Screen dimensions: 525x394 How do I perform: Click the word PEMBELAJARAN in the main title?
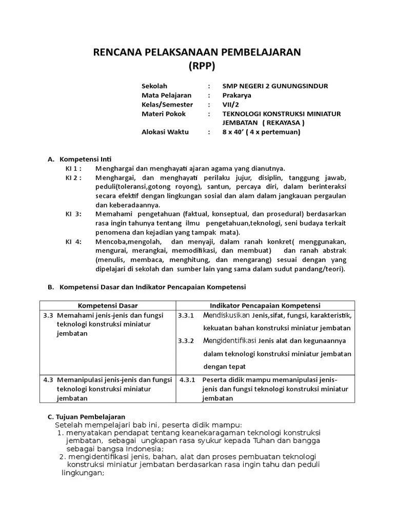pos(258,52)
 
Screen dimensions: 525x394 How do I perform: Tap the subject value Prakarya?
pos(237,95)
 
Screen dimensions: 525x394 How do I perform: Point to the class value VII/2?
pos(230,105)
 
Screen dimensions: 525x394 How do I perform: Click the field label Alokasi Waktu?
pos(165,132)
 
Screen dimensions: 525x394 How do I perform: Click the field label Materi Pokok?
pos(164,114)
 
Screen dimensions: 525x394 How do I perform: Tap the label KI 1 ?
pos(74,168)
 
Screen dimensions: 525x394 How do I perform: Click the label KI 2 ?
pos(74,177)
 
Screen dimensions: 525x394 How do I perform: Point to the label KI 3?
pos(73,214)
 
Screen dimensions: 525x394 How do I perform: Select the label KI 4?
pos(73,241)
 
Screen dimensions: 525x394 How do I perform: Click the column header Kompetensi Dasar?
pos(107,306)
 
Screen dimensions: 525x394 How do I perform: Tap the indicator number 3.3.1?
pos(186,315)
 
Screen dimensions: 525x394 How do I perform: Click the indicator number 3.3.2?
pos(186,341)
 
